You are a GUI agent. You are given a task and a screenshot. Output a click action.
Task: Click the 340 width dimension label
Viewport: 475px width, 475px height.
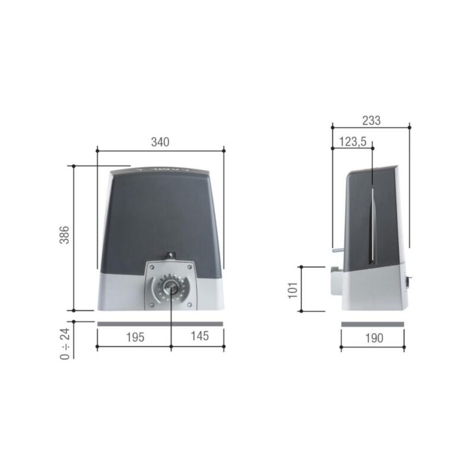(x=160, y=142)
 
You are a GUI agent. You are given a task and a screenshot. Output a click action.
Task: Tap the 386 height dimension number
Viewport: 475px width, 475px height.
(x=65, y=237)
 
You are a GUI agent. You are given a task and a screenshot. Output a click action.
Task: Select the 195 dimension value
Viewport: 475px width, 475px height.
(x=135, y=337)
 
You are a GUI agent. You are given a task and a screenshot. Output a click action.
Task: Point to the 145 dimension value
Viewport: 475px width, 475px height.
(x=199, y=337)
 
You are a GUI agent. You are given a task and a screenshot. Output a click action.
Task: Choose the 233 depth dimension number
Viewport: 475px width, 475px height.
(x=371, y=120)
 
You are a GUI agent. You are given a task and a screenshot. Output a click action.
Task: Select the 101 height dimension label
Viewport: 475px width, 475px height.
(x=293, y=289)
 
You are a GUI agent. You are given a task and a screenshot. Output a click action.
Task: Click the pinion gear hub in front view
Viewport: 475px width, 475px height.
(x=171, y=287)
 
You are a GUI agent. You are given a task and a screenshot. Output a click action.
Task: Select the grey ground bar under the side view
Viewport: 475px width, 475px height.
(x=373, y=324)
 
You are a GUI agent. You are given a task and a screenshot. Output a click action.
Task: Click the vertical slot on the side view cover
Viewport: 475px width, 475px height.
(x=371, y=226)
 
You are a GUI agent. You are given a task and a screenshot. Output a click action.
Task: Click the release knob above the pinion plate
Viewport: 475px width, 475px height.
(x=171, y=256)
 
